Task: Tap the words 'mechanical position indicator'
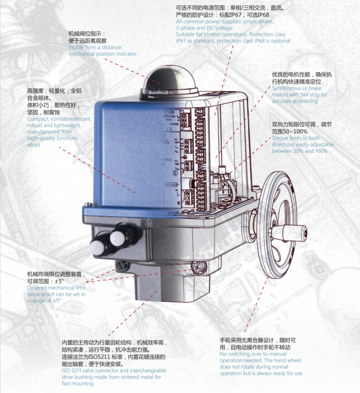point(102,54)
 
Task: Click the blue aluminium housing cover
point(133,147)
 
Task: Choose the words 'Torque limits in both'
point(296,138)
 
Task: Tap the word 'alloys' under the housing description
point(33,145)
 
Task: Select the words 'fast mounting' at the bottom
point(77,384)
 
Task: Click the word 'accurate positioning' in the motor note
point(295,101)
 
